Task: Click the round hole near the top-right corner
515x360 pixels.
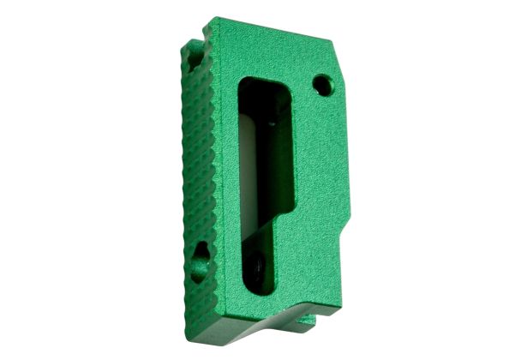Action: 322,84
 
